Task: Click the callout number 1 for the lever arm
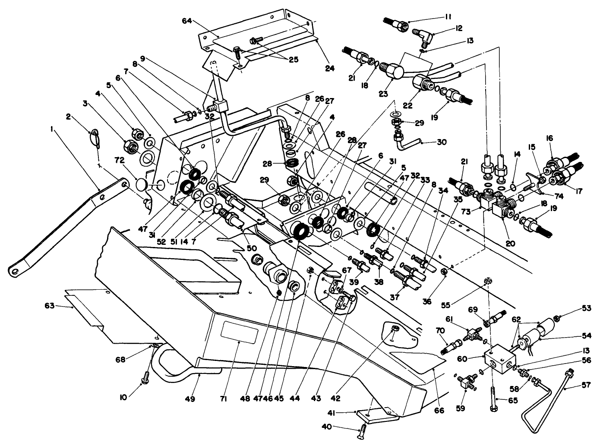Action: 53,129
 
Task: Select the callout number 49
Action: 190,399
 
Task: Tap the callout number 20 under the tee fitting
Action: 511,243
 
